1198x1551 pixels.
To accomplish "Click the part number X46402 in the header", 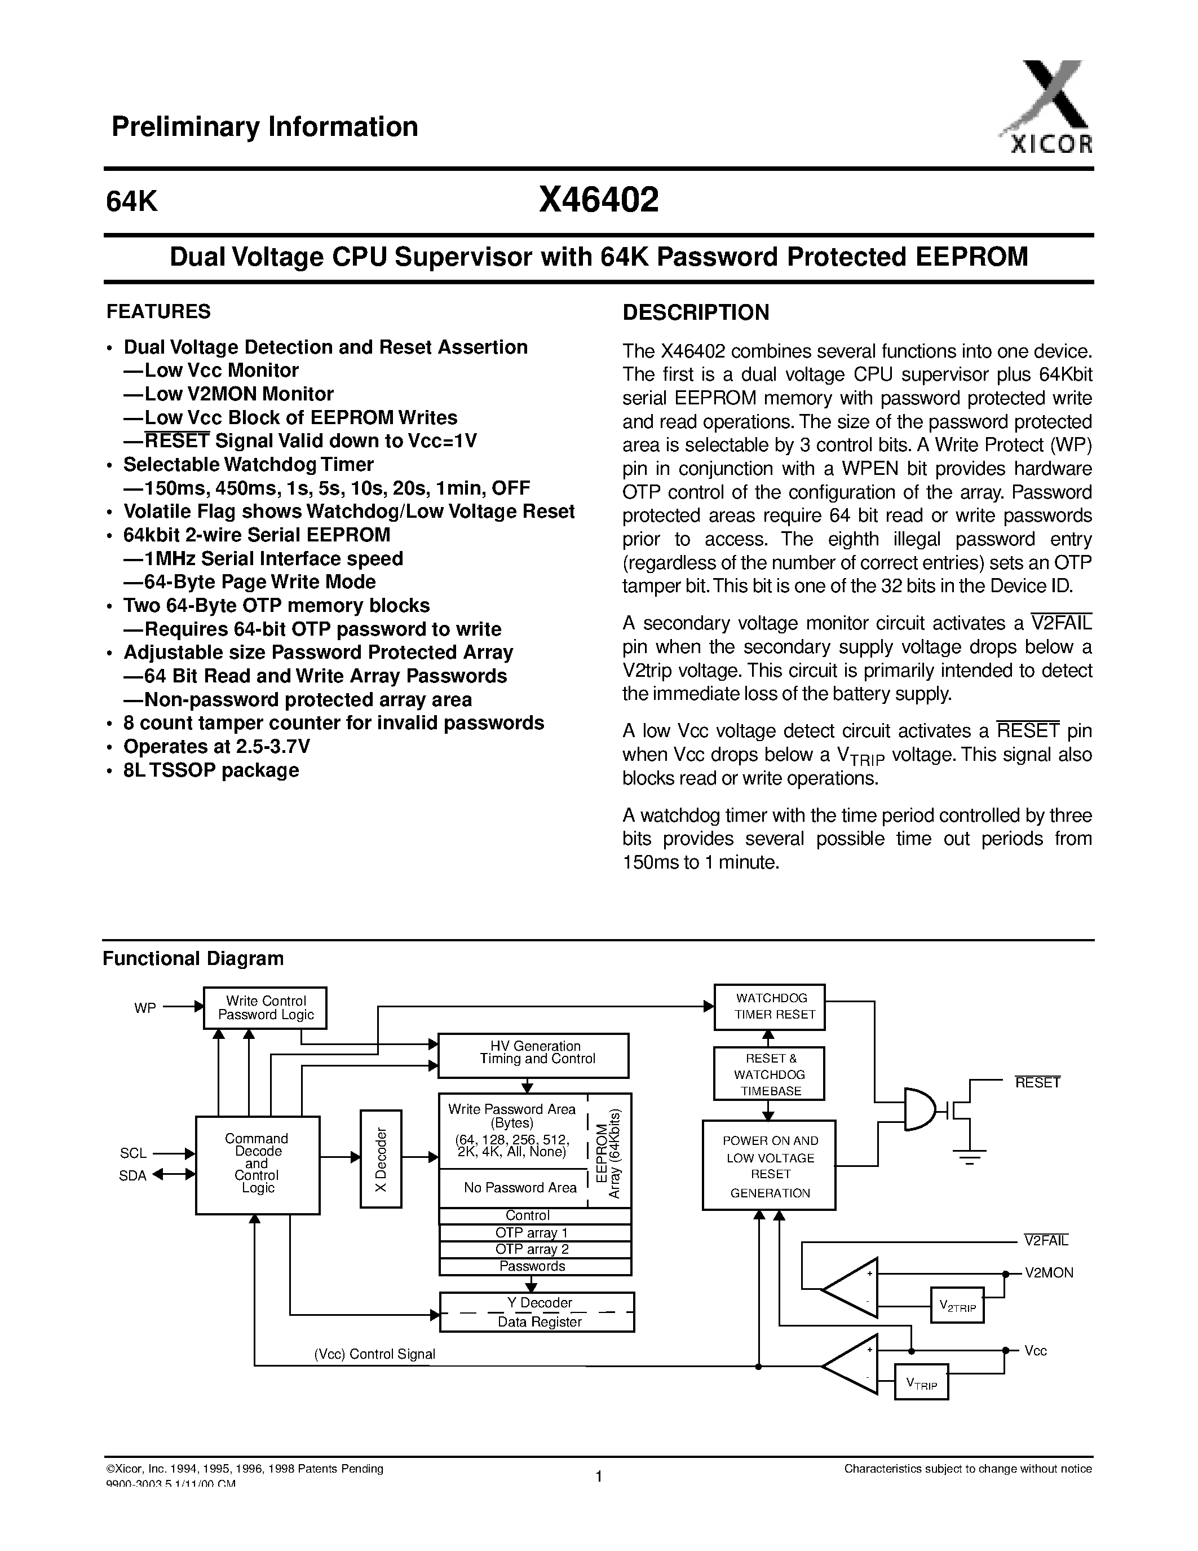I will pos(598,201).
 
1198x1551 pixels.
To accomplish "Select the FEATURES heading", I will pos(158,312).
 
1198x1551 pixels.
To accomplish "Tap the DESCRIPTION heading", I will pos(696,312).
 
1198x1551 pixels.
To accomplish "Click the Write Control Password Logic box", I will pos(265,1008).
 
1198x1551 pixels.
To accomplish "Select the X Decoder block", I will pos(381,1158).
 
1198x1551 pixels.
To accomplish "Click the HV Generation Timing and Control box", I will pos(533,1055).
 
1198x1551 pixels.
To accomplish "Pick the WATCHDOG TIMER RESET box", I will pos(770,1006).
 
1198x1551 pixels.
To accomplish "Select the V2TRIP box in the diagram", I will pos(957,1305).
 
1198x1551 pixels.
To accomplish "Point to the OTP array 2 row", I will pos(534,1249).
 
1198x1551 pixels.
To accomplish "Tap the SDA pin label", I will pos(132,1175).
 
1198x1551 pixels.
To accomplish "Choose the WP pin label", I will pos(145,1008).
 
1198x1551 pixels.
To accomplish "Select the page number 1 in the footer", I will pos(598,1477).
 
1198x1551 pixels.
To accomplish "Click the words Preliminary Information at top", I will pos(265,127).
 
